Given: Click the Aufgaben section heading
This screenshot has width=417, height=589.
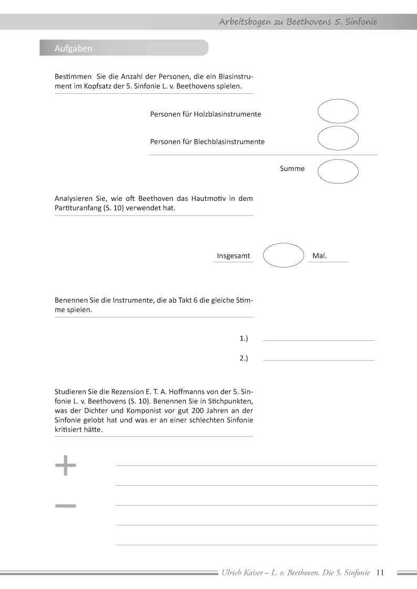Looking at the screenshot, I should pyautogui.click(x=74, y=48).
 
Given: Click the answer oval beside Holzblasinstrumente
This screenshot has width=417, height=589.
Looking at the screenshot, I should pyautogui.click(x=338, y=111).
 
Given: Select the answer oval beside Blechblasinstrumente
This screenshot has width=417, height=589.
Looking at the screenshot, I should pyautogui.click(x=338, y=138).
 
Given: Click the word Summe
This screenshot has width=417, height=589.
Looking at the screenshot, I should pyautogui.click(x=293, y=169).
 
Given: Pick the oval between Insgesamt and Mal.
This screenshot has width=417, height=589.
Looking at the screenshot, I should pyautogui.click(x=283, y=255).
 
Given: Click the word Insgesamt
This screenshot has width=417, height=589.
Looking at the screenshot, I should pyautogui.click(x=233, y=256).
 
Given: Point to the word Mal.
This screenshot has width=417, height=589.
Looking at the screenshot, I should pyautogui.click(x=319, y=256).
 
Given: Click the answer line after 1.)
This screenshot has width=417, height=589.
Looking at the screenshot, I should pyautogui.click(x=318, y=340).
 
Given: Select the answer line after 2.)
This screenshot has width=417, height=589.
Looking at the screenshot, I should pyautogui.click(x=318, y=359).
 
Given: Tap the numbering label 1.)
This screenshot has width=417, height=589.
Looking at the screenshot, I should pyautogui.click(x=244, y=339).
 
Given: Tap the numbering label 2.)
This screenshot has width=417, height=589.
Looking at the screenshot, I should pyautogui.click(x=244, y=358).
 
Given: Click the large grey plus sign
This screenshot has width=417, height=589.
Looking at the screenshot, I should pyautogui.click(x=66, y=465).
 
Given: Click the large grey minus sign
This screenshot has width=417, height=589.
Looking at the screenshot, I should pyautogui.click(x=66, y=506).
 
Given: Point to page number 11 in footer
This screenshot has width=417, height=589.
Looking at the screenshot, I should pyautogui.click(x=381, y=573).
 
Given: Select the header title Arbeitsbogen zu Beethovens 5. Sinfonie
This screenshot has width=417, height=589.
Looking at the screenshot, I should pyautogui.click(x=298, y=22).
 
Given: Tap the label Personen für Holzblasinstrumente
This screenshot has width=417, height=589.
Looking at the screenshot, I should pyautogui.click(x=205, y=114).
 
